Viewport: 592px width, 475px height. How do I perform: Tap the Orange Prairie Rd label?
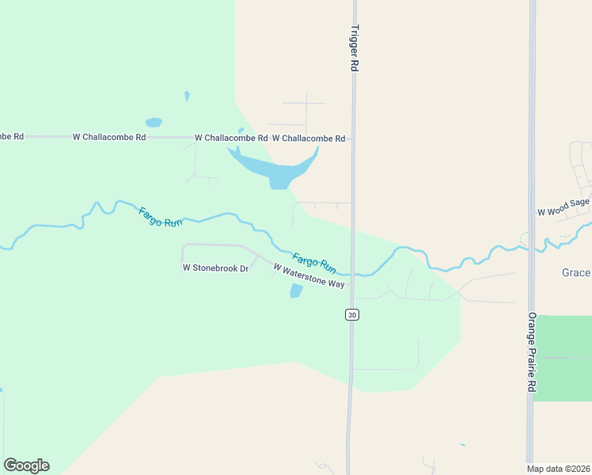pyautogui.click(x=532, y=352)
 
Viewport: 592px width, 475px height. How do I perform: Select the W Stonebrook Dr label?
pyautogui.click(x=215, y=268)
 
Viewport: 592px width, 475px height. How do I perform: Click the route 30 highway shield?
pyautogui.click(x=352, y=314)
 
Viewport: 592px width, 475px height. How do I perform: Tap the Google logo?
pyautogui.click(x=26, y=465)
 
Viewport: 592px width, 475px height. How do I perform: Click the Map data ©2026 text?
pyautogui.click(x=558, y=469)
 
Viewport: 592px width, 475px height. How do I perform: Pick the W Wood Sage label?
pyautogui.click(x=564, y=208)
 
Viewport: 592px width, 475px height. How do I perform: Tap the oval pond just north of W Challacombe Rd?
pyautogui.click(x=154, y=123)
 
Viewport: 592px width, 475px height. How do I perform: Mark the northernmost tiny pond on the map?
pyautogui.click(x=187, y=96)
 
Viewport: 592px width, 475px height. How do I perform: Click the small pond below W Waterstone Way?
pyautogui.click(x=296, y=291)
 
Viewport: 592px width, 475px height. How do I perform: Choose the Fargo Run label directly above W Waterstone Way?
pyautogui.click(x=314, y=262)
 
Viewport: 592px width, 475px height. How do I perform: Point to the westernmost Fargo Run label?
pyautogui.click(x=161, y=217)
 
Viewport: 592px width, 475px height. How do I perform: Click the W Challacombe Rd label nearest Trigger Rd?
pyautogui.click(x=308, y=139)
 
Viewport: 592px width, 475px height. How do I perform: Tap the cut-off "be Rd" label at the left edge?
pyautogui.click(x=12, y=136)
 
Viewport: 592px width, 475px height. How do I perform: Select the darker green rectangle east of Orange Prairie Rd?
pyautogui.click(x=562, y=358)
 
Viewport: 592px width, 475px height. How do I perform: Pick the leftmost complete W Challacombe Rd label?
pyautogui.click(x=109, y=137)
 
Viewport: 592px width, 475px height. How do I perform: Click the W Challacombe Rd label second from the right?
pyautogui.click(x=230, y=138)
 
